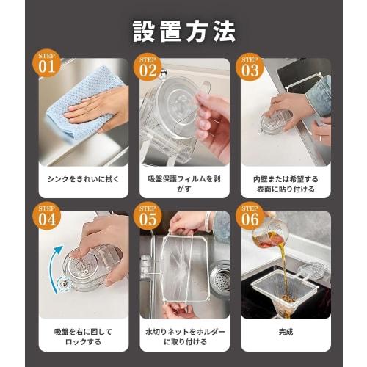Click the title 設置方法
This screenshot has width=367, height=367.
pos(183,31)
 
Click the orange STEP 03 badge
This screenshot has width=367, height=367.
pos(250,66)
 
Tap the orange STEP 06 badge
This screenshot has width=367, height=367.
pos(250,219)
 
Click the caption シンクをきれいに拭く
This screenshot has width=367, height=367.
pos(82,178)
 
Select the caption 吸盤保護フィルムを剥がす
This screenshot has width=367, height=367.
pos(183,184)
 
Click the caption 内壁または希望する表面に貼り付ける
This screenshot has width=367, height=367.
pos(286,184)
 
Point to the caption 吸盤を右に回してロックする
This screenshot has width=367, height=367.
pos(82,337)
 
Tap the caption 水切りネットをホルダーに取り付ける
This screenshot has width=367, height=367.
pos(183,337)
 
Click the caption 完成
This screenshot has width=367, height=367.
pos(286,331)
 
